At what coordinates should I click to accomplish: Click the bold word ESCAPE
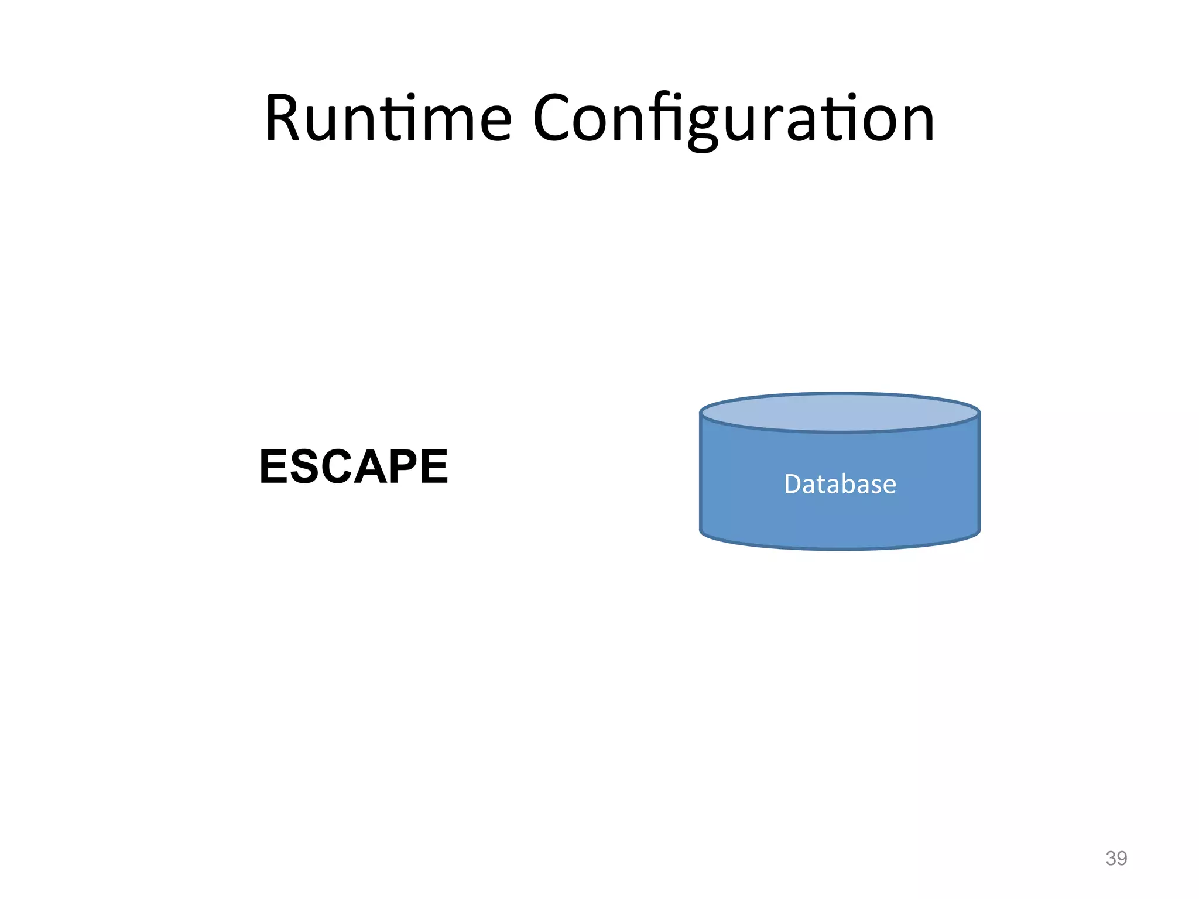click(354, 466)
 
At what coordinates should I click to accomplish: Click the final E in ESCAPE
click(434, 466)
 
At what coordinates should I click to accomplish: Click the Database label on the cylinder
click(840, 484)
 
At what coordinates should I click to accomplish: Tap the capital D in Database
click(793, 484)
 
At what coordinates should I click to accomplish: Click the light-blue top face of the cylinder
click(840, 413)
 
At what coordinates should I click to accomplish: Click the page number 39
click(1116, 858)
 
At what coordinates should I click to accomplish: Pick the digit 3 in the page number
click(1111, 858)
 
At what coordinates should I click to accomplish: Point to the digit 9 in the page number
click(1122, 858)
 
